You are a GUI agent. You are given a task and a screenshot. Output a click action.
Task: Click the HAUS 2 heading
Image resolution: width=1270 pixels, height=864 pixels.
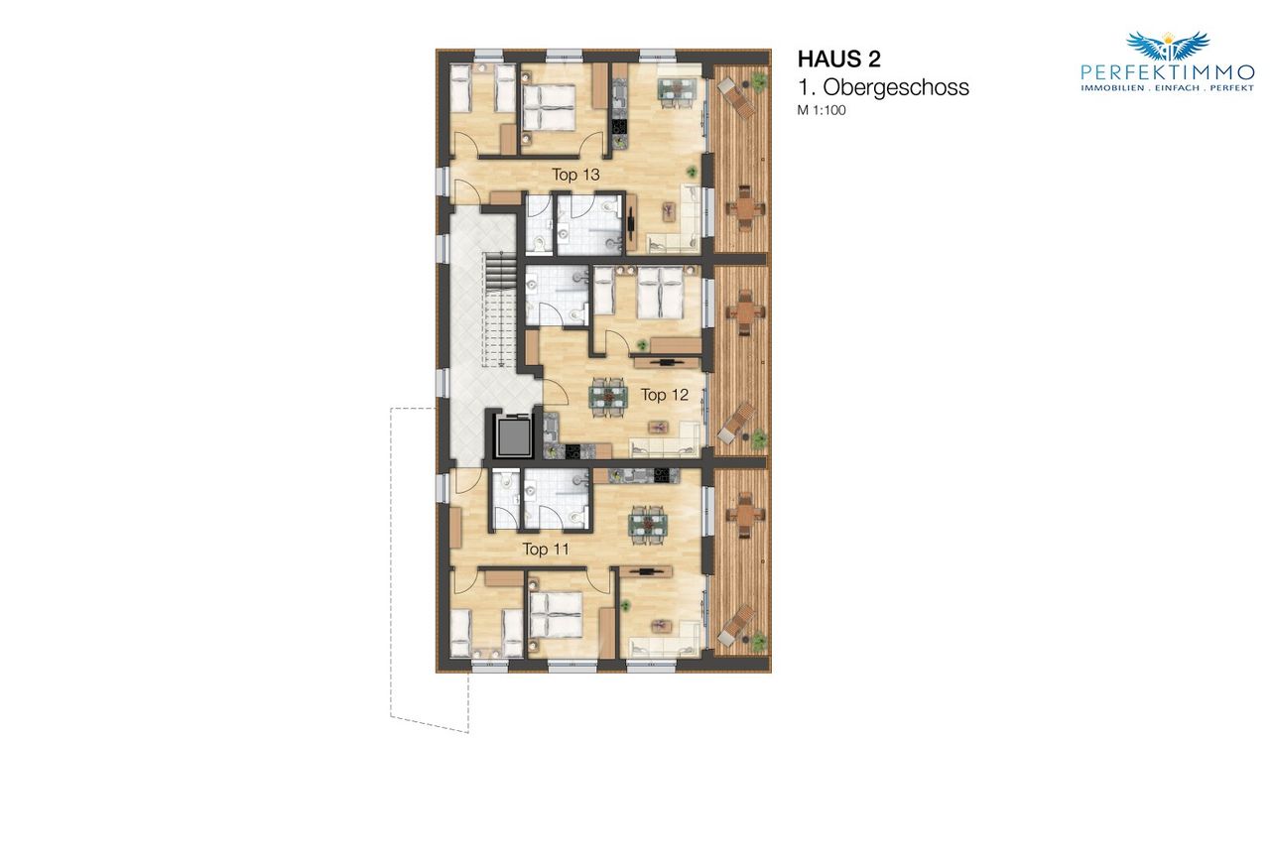click(839, 59)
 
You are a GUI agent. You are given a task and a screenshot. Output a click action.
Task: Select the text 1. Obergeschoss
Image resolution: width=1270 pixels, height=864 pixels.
click(883, 87)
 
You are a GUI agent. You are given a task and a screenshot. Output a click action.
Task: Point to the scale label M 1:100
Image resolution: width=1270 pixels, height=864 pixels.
click(822, 110)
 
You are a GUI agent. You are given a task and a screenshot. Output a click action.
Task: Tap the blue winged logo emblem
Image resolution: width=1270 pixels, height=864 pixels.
click(1168, 46)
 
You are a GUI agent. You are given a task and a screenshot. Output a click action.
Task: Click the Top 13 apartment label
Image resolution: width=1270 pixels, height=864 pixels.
click(576, 175)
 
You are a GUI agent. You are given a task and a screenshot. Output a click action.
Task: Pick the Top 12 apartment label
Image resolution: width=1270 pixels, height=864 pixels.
click(665, 395)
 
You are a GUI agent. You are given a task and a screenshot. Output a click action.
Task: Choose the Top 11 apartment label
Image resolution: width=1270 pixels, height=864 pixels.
click(546, 549)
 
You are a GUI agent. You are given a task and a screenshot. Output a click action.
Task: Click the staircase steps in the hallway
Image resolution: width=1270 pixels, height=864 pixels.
click(498, 310)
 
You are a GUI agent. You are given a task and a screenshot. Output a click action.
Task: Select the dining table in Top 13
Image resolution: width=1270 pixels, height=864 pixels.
click(677, 90)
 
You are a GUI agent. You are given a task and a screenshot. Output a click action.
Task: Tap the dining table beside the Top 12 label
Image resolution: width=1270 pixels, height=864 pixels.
click(608, 396)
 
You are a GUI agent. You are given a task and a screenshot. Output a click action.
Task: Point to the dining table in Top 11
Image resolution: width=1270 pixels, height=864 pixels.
click(647, 526)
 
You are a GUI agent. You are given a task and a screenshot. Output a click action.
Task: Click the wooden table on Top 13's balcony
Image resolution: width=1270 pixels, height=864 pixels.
click(745, 207)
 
